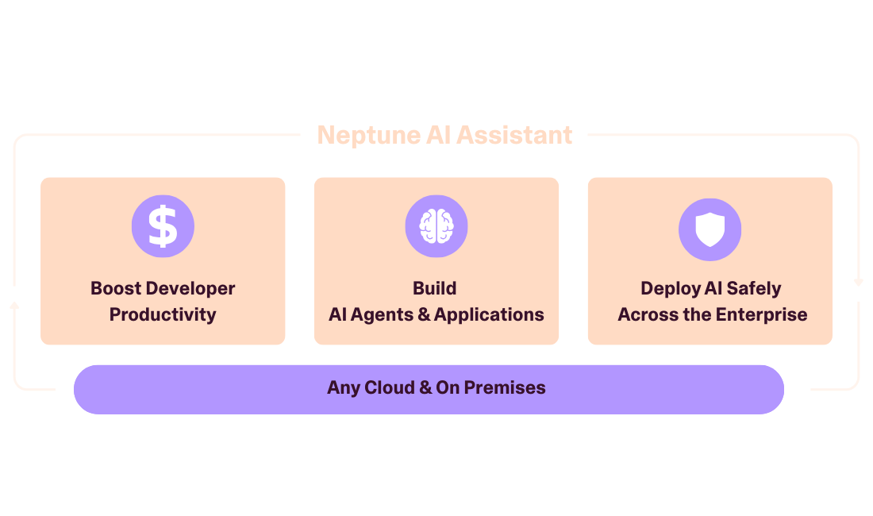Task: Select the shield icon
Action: tap(710, 229)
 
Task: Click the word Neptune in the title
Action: tap(359, 135)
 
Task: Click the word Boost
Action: tap(116, 288)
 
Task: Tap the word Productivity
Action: tap(163, 314)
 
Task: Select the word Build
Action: tap(435, 288)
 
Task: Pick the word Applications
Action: tap(489, 314)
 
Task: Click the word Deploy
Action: tap(668, 288)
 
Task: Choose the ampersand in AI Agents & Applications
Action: tap(424, 314)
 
